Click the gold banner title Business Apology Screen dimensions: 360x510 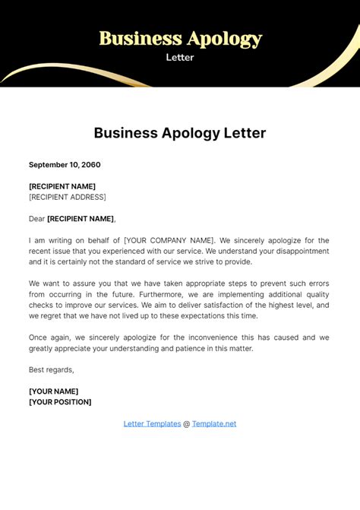180,38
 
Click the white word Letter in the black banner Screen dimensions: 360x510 180,57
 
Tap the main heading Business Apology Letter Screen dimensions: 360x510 180,133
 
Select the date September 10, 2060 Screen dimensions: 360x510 65,164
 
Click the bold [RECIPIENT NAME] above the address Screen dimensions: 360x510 62,186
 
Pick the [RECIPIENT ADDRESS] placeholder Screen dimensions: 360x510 67,197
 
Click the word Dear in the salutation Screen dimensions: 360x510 36,219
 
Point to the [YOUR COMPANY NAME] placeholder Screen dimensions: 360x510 169,240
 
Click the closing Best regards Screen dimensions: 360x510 52,369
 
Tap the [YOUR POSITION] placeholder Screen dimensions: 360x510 60,402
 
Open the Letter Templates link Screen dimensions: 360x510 152,423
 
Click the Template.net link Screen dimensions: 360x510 214,423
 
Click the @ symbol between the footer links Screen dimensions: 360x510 186,423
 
